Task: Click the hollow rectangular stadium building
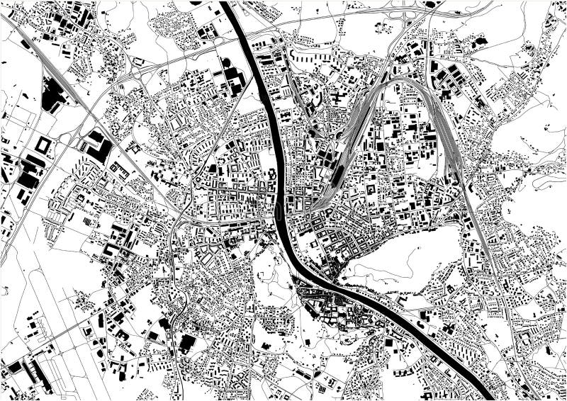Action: coord(43,146)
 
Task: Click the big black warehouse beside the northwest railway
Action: coord(52,96)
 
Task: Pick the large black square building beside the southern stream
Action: coord(187,344)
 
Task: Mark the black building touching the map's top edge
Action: coord(430,4)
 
